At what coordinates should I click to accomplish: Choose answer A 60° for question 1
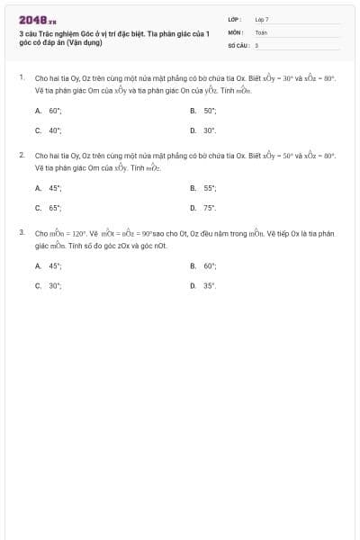point(54,111)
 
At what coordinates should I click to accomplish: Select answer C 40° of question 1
point(54,130)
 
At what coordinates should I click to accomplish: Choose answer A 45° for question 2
point(54,188)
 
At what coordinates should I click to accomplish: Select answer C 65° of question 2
point(54,208)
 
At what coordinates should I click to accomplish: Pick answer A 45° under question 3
point(54,266)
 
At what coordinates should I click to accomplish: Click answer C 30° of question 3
point(54,286)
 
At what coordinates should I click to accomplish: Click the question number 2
point(21,156)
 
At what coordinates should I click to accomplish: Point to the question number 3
point(21,233)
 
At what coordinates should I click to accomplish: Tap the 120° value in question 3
point(77,234)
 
